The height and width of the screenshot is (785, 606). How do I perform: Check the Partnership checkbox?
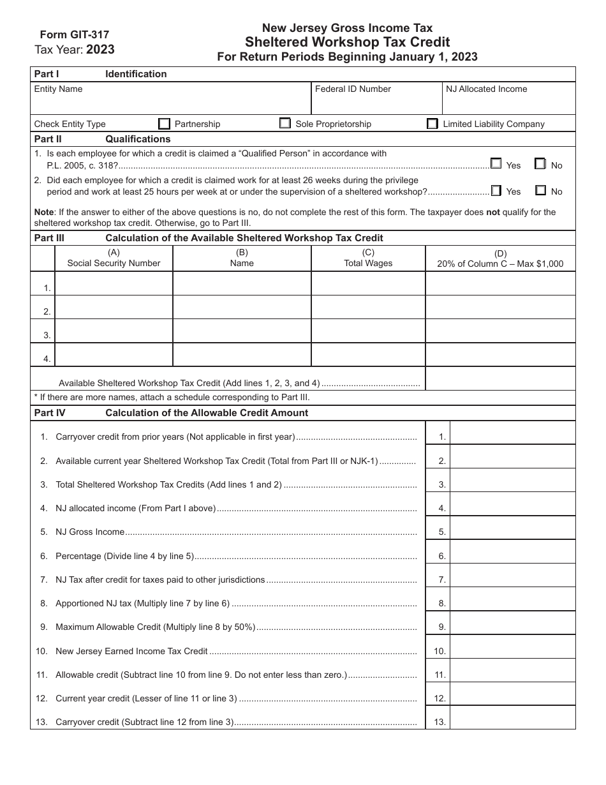pyautogui.click(x=165, y=124)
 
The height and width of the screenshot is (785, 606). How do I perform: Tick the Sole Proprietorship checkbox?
pyautogui.click(x=285, y=124)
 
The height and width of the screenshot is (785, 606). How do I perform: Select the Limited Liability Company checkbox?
pyautogui.click(x=432, y=124)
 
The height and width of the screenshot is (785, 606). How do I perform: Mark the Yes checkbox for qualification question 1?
pyautogui.click(x=496, y=164)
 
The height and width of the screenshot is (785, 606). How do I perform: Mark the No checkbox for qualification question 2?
pyautogui.click(x=541, y=190)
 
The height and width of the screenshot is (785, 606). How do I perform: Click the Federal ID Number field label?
pyautogui.click(x=353, y=89)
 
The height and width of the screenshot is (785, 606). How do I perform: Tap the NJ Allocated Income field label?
pyautogui.click(x=487, y=89)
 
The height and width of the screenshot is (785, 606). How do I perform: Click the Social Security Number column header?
pyautogui.click(x=114, y=263)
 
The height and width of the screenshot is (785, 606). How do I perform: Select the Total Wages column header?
pyautogui.click(x=368, y=263)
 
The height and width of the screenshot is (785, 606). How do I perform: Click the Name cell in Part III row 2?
pyautogui.click(x=242, y=307)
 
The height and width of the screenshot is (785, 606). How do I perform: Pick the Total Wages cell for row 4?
pyautogui.click(x=368, y=354)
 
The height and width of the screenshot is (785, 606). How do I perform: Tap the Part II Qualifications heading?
pyautogui.click(x=138, y=139)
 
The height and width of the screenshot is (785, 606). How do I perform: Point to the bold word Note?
pyautogui.click(x=44, y=212)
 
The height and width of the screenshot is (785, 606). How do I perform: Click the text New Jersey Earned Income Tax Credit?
pyautogui.click(x=131, y=651)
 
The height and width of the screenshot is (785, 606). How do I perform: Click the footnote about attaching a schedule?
pyautogui.click(x=175, y=397)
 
